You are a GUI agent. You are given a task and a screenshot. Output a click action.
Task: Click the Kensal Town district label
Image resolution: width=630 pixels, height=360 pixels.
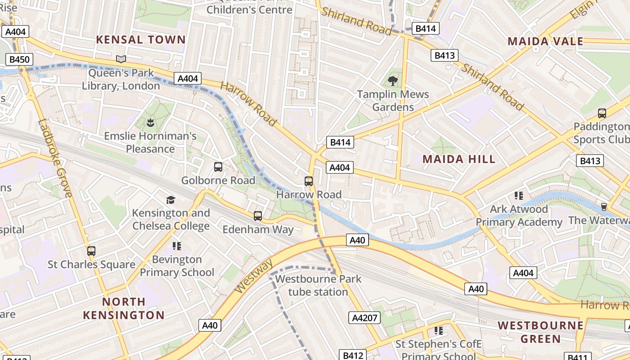[141, 40]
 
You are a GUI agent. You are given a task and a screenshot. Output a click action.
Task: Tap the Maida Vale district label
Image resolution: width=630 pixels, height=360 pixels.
[545, 42]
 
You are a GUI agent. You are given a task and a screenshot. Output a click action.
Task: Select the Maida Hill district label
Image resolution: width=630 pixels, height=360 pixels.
[459, 159]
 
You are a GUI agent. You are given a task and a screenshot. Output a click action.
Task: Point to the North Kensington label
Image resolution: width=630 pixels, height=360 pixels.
[124, 308]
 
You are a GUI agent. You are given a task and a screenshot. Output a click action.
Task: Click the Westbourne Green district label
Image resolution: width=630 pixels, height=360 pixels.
[541, 332]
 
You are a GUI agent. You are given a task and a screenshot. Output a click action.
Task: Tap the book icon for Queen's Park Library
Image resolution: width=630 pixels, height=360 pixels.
[121, 59]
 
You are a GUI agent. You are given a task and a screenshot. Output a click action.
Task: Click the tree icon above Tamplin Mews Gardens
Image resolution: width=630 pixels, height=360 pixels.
[393, 81]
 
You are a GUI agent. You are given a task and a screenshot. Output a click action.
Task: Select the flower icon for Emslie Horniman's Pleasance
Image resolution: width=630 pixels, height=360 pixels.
[150, 122]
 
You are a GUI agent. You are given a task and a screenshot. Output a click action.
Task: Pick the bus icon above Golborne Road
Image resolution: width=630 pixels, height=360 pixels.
[218, 167]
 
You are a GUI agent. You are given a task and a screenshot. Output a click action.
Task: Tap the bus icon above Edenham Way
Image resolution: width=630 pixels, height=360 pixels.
[258, 216]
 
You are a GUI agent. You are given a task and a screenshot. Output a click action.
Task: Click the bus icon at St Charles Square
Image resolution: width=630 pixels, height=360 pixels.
[91, 251]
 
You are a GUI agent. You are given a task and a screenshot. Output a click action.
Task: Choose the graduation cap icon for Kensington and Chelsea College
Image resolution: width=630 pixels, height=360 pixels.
[171, 200]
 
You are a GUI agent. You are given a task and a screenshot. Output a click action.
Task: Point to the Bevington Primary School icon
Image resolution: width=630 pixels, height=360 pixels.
[177, 246]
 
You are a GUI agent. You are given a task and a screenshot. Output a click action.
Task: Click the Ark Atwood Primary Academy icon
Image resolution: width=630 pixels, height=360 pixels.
[519, 196]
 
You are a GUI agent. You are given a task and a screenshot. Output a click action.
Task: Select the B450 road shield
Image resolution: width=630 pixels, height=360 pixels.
[19, 59]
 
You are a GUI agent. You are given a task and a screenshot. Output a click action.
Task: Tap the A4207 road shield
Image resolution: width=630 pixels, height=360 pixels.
[364, 318]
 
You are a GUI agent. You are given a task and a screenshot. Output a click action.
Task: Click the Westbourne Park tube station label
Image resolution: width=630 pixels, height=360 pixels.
[318, 285]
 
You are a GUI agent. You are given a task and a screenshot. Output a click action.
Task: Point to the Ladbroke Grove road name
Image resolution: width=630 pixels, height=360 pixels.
[55, 158]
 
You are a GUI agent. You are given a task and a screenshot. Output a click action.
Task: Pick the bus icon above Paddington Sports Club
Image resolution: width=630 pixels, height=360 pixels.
[602, 113]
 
